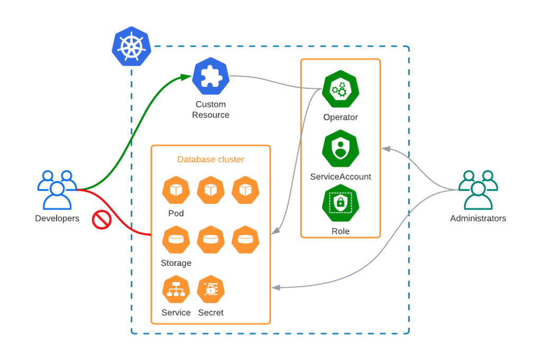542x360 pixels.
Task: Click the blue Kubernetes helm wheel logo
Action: click(x=131, y=47)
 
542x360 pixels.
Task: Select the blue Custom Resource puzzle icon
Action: click(x=210, y=76)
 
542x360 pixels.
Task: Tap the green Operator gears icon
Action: click(x=340, y=89)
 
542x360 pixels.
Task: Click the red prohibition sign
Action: click(x=101, y=220)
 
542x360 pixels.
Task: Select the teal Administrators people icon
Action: click(x=477, y=190)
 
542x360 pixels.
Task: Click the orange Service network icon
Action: click(x=176, y=290)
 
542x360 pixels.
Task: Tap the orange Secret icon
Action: click(x=211, y=290)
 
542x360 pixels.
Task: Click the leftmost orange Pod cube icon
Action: click(x=176, y=190)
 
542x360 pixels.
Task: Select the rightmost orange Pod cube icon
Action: click(x=245, y=190)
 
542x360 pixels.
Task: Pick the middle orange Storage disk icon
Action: click(x=211, y=240)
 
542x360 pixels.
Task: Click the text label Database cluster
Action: click(x=211, y=159)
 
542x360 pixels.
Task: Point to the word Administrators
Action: click(x=478, y=218)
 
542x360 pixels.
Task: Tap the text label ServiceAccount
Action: click(x=340, y=177)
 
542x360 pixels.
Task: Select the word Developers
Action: click(x=57, y=218)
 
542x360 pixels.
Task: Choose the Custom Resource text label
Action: click(x=211, y=110)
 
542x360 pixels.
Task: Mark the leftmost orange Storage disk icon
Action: click(x=176, y=240)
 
